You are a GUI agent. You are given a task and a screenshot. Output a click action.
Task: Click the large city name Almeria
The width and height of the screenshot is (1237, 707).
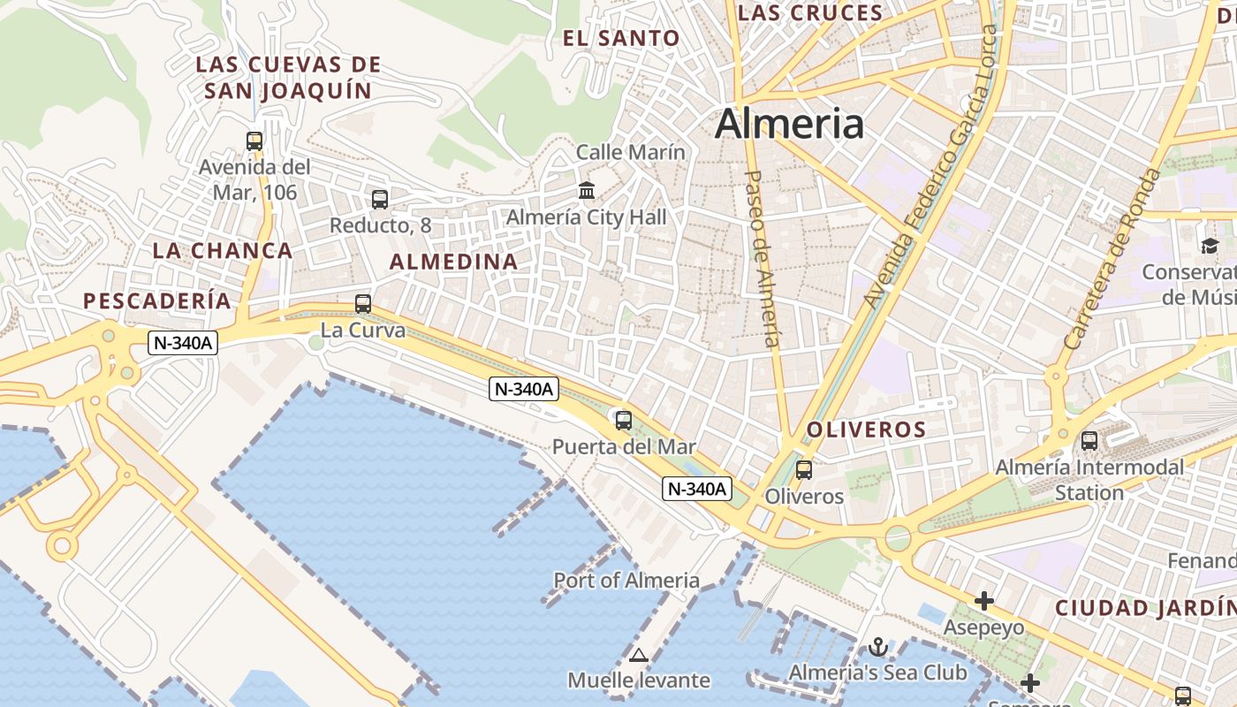(x=789, y=124)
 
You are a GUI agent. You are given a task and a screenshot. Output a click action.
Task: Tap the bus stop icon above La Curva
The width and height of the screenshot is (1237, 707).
(x=362, y=304)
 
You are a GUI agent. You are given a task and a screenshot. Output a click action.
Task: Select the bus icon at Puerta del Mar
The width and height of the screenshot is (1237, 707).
(x=624, y=421)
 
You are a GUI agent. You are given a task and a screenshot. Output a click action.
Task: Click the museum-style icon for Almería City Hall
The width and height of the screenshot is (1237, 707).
(x=586, y=190)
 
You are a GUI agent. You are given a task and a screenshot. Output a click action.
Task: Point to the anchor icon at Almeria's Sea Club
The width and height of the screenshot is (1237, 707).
(x=877, y=647)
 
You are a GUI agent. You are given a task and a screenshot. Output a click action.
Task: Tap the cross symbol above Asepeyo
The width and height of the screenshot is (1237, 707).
(x=984, y=601)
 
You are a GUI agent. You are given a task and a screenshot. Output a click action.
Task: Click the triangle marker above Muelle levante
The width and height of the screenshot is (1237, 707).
(x=638, y=656)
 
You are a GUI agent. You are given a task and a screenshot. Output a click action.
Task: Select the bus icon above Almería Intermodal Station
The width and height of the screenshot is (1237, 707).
(x=1089, y=440)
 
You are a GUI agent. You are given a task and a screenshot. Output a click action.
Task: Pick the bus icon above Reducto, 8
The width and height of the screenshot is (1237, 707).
(x=380, y=200)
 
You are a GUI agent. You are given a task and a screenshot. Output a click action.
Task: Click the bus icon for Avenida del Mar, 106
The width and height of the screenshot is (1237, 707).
(x=254, y=141)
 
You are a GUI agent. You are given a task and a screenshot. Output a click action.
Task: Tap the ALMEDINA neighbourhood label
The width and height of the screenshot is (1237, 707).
(x=454, y=262)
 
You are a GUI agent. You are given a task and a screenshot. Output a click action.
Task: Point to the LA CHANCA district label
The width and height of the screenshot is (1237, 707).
(x=223, y=251)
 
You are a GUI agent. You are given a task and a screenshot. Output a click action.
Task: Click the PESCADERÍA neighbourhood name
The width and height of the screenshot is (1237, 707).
(x=157, y=301)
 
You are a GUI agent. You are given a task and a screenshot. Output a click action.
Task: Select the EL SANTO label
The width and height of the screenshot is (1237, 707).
(x=622, y=39)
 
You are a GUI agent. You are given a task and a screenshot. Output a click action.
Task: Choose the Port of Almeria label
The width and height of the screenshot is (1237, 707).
(x=626, y=581)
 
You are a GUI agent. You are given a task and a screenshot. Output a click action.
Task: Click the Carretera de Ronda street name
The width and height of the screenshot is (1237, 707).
(x=1112, y=258)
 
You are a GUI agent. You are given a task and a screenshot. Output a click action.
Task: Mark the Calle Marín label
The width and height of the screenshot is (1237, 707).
(x=630, y=152)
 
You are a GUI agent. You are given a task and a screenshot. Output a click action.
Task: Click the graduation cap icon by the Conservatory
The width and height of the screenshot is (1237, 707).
(x=1210, y=246)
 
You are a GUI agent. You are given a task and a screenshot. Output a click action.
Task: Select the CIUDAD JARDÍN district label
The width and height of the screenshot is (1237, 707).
(x=1145, y=608)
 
